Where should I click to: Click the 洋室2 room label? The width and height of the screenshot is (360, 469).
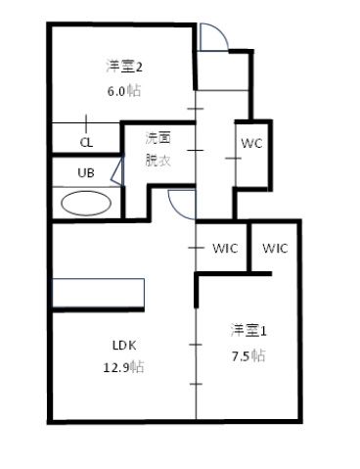point(125,68)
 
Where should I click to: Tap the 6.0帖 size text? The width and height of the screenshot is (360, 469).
point(125,90)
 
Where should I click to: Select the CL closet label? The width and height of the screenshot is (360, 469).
point(86,141)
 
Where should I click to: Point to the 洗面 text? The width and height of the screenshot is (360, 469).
point(158,139)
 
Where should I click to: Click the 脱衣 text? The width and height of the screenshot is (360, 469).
point(158,159)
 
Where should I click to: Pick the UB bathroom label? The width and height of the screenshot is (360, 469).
point(86,172)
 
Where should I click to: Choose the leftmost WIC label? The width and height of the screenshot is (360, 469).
point(224,248)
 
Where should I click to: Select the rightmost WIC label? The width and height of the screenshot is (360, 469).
point(275,248)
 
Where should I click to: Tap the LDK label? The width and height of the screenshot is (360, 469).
point(123,345)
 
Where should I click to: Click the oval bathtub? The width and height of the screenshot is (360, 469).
point(86,203)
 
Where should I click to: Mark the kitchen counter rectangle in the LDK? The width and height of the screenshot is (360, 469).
point(98,292)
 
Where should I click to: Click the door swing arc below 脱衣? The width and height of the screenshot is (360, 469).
point(181,202)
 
